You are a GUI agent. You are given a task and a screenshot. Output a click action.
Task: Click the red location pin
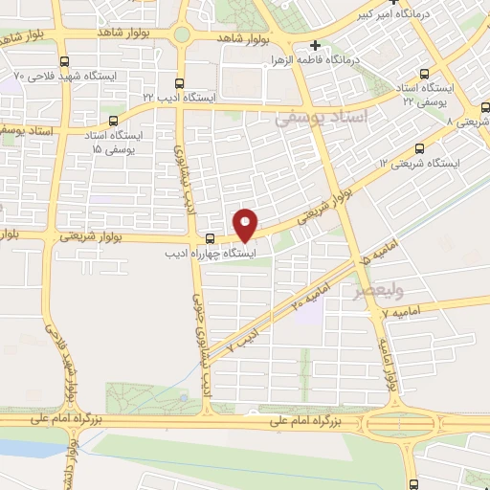coord(246,224)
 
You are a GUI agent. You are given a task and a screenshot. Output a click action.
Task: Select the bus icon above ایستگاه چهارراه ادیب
coord(210,237)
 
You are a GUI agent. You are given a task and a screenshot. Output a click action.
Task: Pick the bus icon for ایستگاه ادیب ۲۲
coord(182,83)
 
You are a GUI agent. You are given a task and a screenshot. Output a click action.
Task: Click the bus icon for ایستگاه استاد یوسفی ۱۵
coord(114,122)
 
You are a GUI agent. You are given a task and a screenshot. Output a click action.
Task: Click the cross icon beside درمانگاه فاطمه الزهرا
coord(315,45)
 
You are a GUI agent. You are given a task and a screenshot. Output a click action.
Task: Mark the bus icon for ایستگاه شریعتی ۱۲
coord(420,148)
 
